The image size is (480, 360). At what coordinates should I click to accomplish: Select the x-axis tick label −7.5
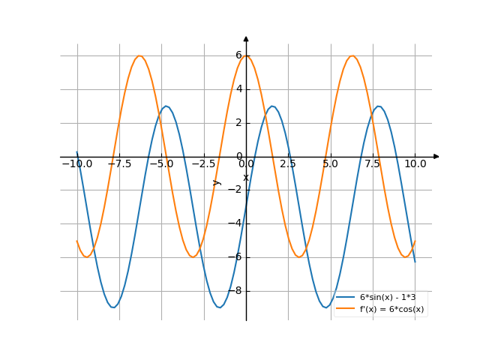coord(118,163)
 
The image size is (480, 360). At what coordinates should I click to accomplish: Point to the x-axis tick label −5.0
coord(160,163)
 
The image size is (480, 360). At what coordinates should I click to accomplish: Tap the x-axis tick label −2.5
coord(202,163)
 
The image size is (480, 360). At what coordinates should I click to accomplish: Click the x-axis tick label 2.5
coord(289,163)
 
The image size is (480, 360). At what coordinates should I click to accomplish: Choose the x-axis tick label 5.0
coord(331,163)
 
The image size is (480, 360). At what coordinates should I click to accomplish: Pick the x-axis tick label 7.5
coord(373,163)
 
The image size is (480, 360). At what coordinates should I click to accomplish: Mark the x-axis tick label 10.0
coord(415,163)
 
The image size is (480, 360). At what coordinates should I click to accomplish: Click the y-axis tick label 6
coord(238,55)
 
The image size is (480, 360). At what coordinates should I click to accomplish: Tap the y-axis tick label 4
coord(238,89)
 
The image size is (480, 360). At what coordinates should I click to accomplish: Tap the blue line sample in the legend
coord(346,298)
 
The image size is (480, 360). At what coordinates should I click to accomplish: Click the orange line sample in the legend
coord(346,309)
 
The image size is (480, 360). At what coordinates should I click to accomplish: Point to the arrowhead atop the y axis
coord(246,37)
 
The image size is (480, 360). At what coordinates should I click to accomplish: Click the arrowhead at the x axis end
coord(436,157)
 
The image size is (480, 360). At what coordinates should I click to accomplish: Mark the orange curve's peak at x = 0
coord(246,56)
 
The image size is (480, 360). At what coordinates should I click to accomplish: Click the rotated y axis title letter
coord(217,182)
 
